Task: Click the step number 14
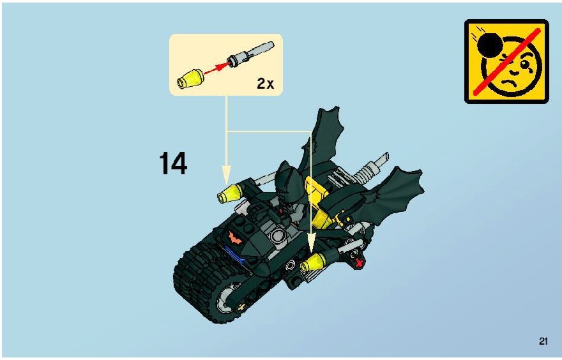click(173, 163)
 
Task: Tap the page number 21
click(543, 341)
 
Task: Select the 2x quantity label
click(265, 84)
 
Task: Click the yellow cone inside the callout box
click(190, 79)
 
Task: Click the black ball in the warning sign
click(490, 45)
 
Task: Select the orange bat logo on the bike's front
click(235, 237)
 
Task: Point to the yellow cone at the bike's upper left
click(230, 194)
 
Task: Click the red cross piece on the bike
click(359, 263)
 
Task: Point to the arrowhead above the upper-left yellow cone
click(226, 174)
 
